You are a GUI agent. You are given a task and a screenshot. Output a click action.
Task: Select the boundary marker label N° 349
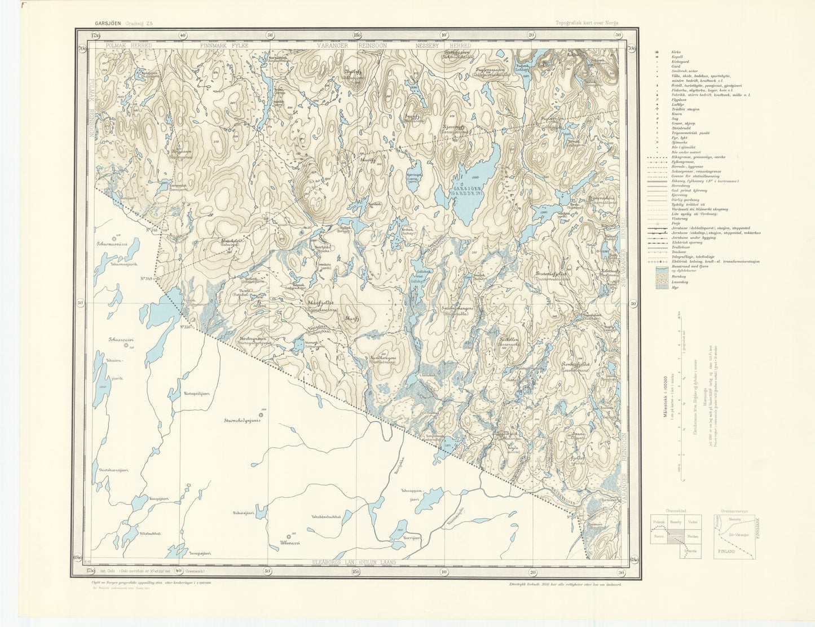[147, 279]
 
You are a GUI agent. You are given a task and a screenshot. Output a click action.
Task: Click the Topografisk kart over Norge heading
[587, 23]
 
